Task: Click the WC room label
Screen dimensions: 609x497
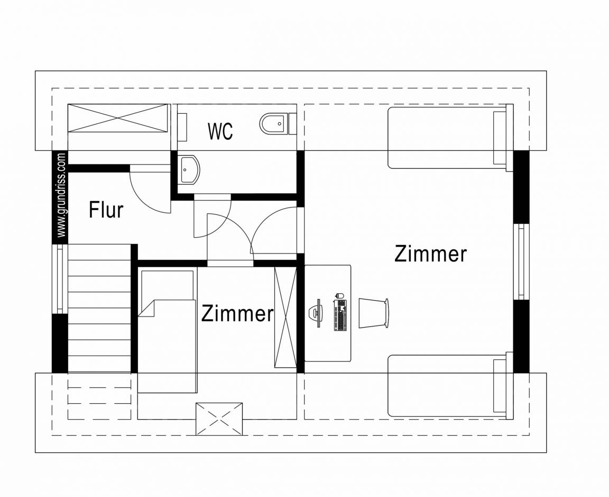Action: tap(220, 131)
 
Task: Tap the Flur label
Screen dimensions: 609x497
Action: tap(106, 210)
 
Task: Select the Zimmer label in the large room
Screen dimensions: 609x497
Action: tap(430, 254)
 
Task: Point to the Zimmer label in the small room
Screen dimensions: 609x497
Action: tap(237, 313)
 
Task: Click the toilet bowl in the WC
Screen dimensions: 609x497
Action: tap(273, 123)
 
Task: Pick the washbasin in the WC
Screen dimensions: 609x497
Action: tap(190, 169)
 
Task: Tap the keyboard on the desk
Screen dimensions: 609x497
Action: tap(340, 315)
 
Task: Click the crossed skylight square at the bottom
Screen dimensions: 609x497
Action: tap(219, 419)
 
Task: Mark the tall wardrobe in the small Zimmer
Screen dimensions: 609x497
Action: tap(285, 318)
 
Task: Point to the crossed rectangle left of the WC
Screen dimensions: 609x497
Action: tap(119, 118)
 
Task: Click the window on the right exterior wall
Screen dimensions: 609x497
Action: tap(521, 261)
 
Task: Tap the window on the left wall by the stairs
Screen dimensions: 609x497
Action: tap(60, 279)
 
